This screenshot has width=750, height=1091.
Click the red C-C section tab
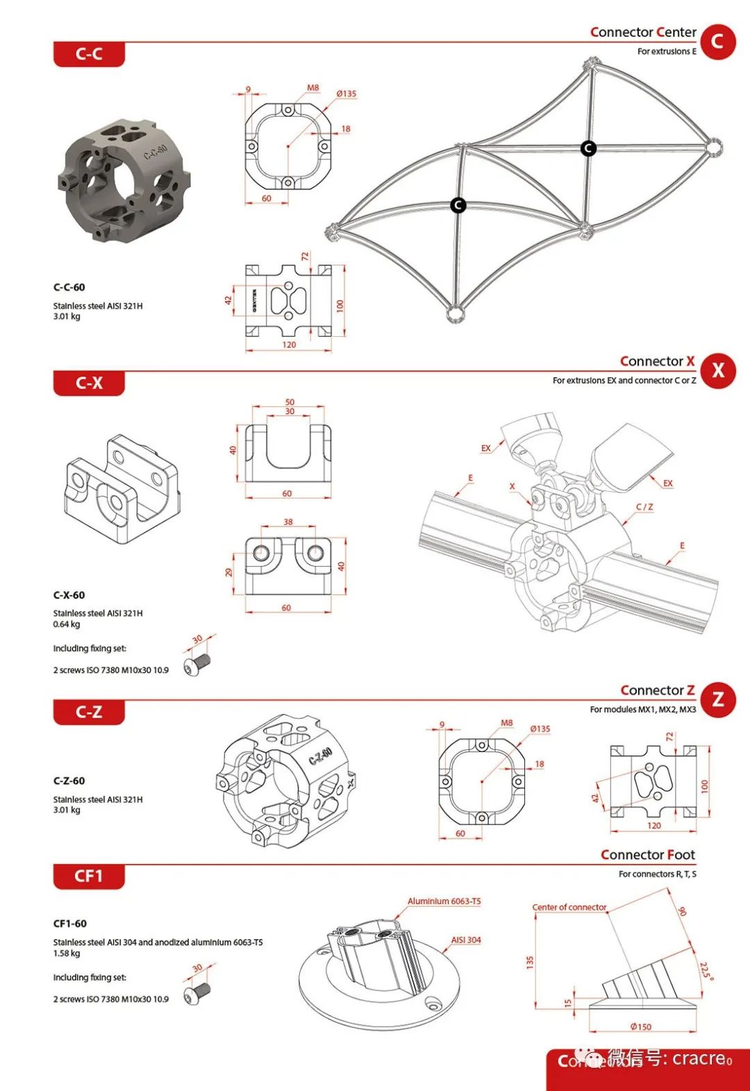pyautogui.click(x=89, y=54)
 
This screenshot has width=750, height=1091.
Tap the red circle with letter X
pyautogui.click(x=717, y=370)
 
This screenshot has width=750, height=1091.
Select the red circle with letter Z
pyautogui.click(x=717, y=699)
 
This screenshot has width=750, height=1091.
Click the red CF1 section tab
pyautogui.click(x=89, y=876)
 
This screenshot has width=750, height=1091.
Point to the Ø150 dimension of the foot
pyautogui.click(x=640, y=1026)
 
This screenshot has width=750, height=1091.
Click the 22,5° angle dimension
pyautogui.click(x=706, y=970)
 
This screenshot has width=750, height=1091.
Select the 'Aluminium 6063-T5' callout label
pyautogui.click(x=444, y=901)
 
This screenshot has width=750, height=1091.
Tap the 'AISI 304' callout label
pyautogui.click(x=466, y=940)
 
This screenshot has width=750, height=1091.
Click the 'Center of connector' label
pyautogui.click(x=569, y=907)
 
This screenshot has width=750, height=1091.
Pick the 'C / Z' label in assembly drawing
pyautogui.click(x=644, y=507)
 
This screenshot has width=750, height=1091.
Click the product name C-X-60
pyautogui.click(x=69, y=595)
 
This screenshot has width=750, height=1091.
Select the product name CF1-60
pyautogui.click(x=69, y=924)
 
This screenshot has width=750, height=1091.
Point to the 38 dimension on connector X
pyautogui.click(x=288, y=522)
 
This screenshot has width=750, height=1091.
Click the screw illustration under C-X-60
pyautogui.click(x=197, y=664)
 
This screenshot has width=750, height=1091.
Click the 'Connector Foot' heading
pyautogui.click(x=647, y=855)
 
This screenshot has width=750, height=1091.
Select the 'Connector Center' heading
pyautogui.click(x=642, y=32)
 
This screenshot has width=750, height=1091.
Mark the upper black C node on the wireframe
pyautogui.click(x=588, y=148)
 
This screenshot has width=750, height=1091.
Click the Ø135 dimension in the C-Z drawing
pyautogui.click(x=540, y=729)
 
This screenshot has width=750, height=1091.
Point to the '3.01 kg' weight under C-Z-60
pyautogui.click(x=67, y=810)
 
